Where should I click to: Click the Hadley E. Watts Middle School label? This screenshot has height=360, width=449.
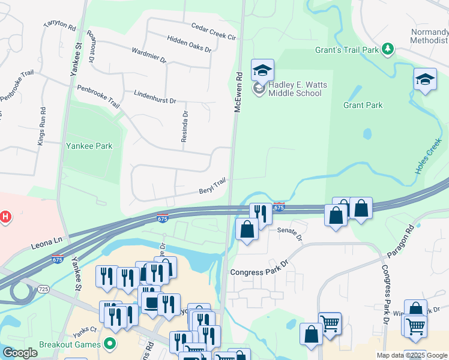[x=298, y=89]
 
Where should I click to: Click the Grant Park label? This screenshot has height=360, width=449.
[x=363, y=106]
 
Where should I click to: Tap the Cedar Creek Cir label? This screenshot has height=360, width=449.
[x=214, y=31]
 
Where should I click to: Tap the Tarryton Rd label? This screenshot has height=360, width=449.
[x=60, y=26]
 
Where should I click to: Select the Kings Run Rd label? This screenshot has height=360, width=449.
[x=41, y=127]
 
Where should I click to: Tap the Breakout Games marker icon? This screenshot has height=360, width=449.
[x=109, y=344]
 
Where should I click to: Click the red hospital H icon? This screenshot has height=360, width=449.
[x=6, y=217]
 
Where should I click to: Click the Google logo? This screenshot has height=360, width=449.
[x=20, y=353]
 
